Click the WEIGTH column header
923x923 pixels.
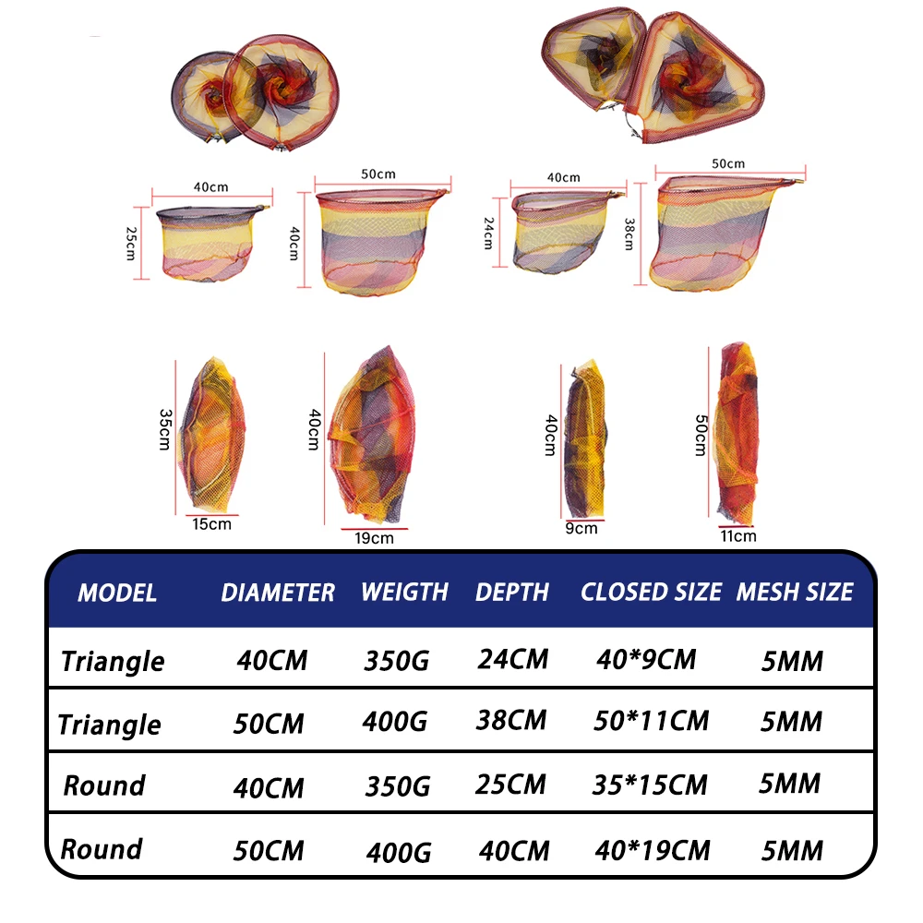(x=404, y=592)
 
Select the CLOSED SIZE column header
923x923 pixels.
(x=651, y=592)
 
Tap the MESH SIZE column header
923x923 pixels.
(x=795, y=592)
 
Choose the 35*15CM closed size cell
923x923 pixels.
(x=650, y=785)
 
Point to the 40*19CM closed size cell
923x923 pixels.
(x=651, y=849)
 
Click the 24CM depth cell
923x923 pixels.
(x=513, y=659)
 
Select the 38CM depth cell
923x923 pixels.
(x=512, y=720)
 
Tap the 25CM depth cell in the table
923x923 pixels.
(x=510, y=785)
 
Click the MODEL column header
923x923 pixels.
(x=117, y=593)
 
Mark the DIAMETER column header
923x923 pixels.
(x=278, y=593)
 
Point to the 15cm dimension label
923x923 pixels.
(x=212, y=524)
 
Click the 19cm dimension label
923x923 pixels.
(x=375, y=538)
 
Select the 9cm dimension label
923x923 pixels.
(x=581, y=529)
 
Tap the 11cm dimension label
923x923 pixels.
(x=738, y=535)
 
